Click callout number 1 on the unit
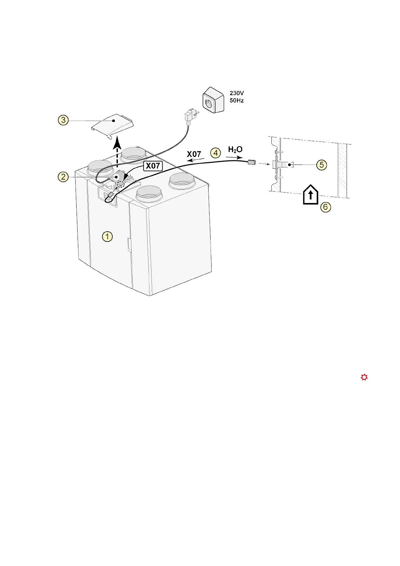[x=107, y=237]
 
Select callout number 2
[x=63, y=176]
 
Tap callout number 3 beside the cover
[x=63, y=120]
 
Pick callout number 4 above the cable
[x=215, y=153]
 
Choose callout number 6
[x=325, y=207]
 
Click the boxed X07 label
[x=153, y=166]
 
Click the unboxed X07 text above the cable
[x=194, y=154]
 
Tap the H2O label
[x=235, y=149]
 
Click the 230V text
[x=237, y=93]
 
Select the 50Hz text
[x=237, y=100]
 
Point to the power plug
[x=189, y=116]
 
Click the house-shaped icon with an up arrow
[x=310, y=195]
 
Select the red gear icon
[x=364, y=377]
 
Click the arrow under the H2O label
[x=234, y=157]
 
